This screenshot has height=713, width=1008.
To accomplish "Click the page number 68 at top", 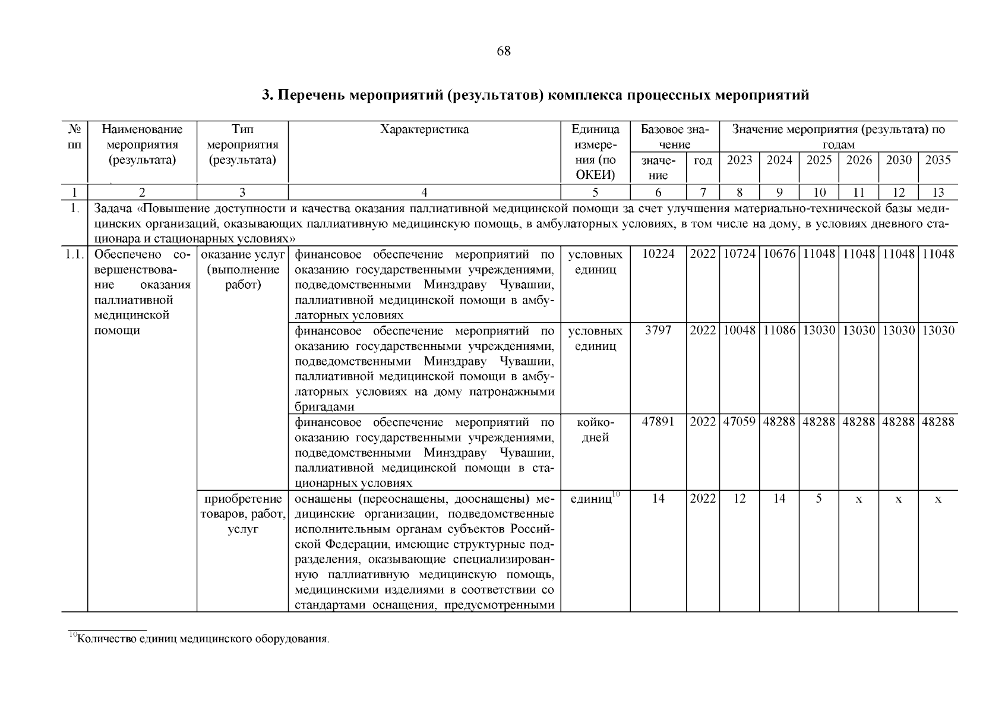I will (x=503, y=51).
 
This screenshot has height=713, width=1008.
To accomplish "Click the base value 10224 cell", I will (x=658, y=254).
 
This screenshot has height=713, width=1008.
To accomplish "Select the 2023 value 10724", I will (x=740, y=254).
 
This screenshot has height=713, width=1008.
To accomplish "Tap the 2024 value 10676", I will (x=779, y=254).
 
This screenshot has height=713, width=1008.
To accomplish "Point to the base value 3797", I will (x=658, y=330).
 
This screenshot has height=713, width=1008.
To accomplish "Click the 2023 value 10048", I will (x=740, y=330).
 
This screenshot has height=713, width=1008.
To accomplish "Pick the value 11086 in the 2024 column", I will (x=779, y=330).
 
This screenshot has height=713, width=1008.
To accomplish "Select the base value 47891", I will (x=658, y=422).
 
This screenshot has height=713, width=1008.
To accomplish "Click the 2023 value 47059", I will (x=740, y=422).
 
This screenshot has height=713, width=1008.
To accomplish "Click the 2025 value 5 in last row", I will (x=819, y=499).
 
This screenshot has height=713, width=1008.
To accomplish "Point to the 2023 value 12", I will (x=740, y=499).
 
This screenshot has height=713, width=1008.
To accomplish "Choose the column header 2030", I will (x=898, y=160).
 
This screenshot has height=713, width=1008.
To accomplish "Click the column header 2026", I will (x=858, y=160).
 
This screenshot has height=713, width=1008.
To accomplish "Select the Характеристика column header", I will (x=424, y=130).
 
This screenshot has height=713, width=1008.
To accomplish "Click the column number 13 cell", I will (x=938, y=192).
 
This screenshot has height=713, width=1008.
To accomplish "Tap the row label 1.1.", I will (x=74, y=254).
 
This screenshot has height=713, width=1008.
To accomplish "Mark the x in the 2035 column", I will (x=938, y=500).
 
